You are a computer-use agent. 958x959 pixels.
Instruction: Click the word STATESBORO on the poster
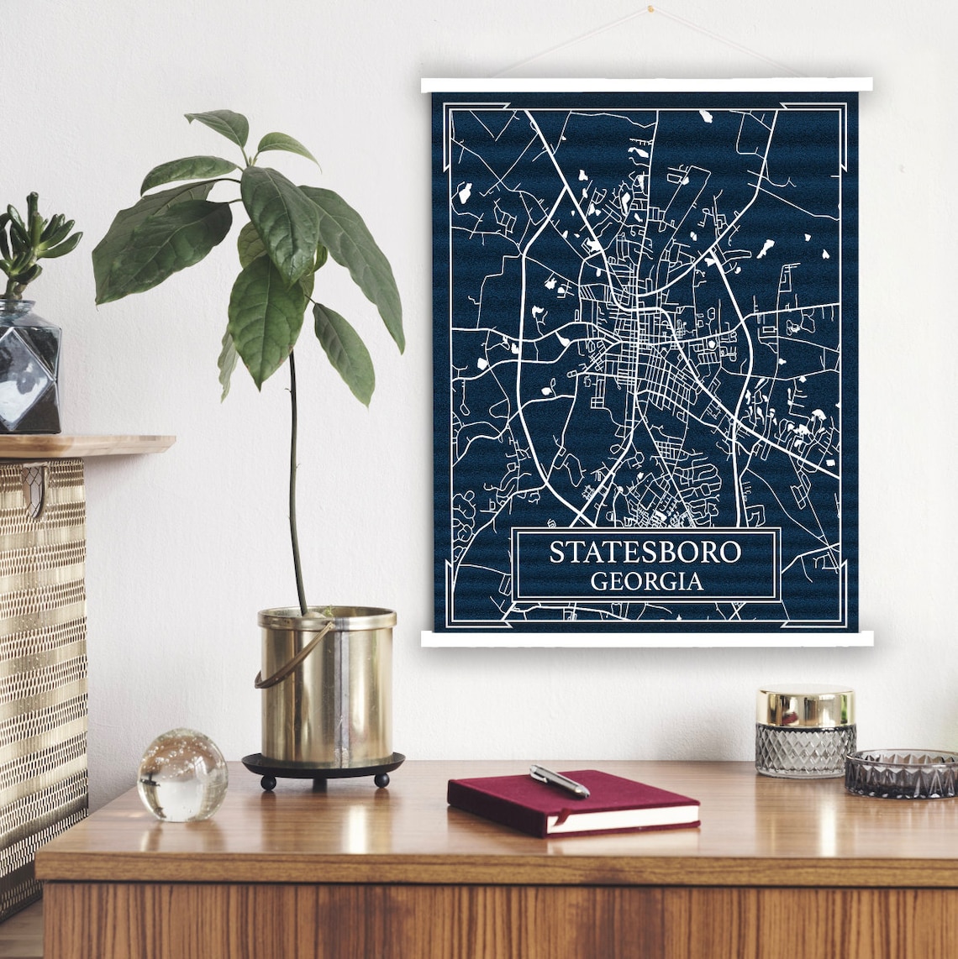(x=645, y=553)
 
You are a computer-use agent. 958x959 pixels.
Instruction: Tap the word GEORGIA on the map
(x=646, y=581)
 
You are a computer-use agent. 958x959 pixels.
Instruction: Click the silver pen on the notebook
(x=559, y=780)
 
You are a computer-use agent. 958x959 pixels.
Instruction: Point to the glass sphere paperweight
(x=182, y=774)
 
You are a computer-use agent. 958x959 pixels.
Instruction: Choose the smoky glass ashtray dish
(x=901, y=773)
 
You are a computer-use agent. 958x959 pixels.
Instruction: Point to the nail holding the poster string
(x=650, y=10)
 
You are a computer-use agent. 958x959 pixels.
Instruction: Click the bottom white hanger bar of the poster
(x=646, y=639)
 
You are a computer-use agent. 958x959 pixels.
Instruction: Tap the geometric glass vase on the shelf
(x=29, y=369)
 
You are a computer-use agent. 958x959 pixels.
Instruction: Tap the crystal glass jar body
(x=804, y=750)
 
